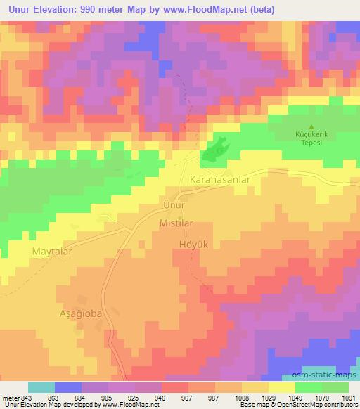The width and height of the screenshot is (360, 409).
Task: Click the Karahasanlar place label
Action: [x=220, y=180]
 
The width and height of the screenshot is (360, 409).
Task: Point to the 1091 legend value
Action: [x=348, y=397]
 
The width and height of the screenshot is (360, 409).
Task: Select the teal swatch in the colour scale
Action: [x=41, y=387]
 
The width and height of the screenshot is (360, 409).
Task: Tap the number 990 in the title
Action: [x=94, y=9]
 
